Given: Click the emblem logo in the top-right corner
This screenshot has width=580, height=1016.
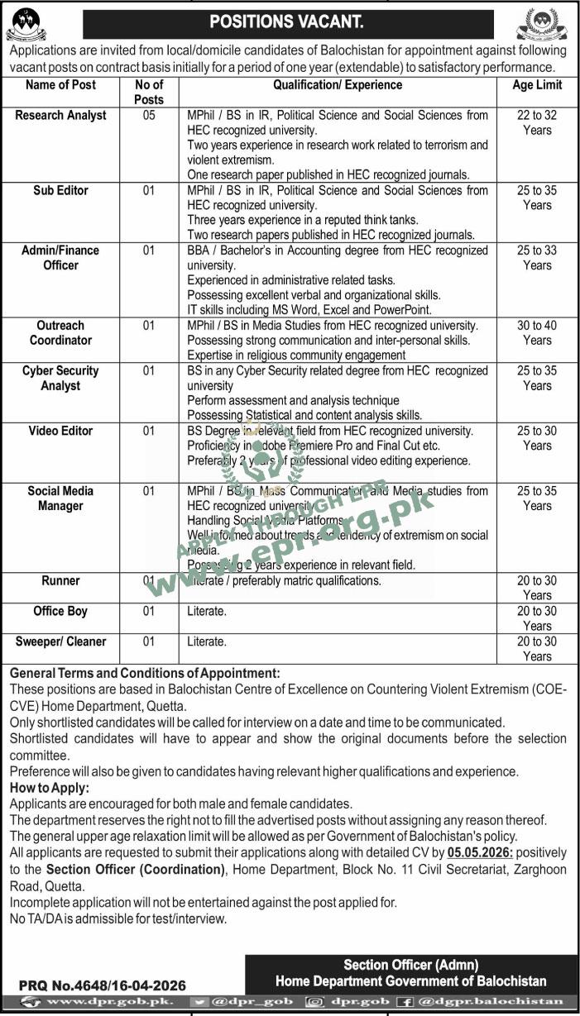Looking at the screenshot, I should tap(542, 24).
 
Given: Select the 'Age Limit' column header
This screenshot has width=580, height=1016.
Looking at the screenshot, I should tap(537, 85).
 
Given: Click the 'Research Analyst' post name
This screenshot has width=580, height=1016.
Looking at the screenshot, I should tap(60, 116).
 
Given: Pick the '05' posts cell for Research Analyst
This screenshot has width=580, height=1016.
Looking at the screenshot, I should tap(149, 116).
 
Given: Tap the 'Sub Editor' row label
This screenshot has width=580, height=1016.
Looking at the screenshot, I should tap(60, 190).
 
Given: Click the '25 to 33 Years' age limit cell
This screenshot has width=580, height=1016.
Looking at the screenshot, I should tap(537, 258).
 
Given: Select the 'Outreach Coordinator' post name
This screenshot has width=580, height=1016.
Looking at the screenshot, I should tap(60, 333).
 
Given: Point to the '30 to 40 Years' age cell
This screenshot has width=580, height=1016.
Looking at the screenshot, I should tap(537, 333).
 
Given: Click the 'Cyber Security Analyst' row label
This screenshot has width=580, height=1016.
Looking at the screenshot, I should tap(60, 378).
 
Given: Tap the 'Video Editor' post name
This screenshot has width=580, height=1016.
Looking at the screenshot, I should tap(60, 431).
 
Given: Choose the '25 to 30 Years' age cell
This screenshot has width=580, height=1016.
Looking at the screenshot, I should tap(537, 438).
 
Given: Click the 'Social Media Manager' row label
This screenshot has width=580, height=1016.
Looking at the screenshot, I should tap(60, 498).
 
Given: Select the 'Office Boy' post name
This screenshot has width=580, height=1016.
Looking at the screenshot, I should tap(60, 611).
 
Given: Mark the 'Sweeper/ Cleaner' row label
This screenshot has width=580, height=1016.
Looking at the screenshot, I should tap(60, 642).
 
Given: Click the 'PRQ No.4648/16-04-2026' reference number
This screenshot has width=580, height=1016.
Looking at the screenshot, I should tap(103, 985).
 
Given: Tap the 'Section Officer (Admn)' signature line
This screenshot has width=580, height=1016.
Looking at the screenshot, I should tap(411, 965).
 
